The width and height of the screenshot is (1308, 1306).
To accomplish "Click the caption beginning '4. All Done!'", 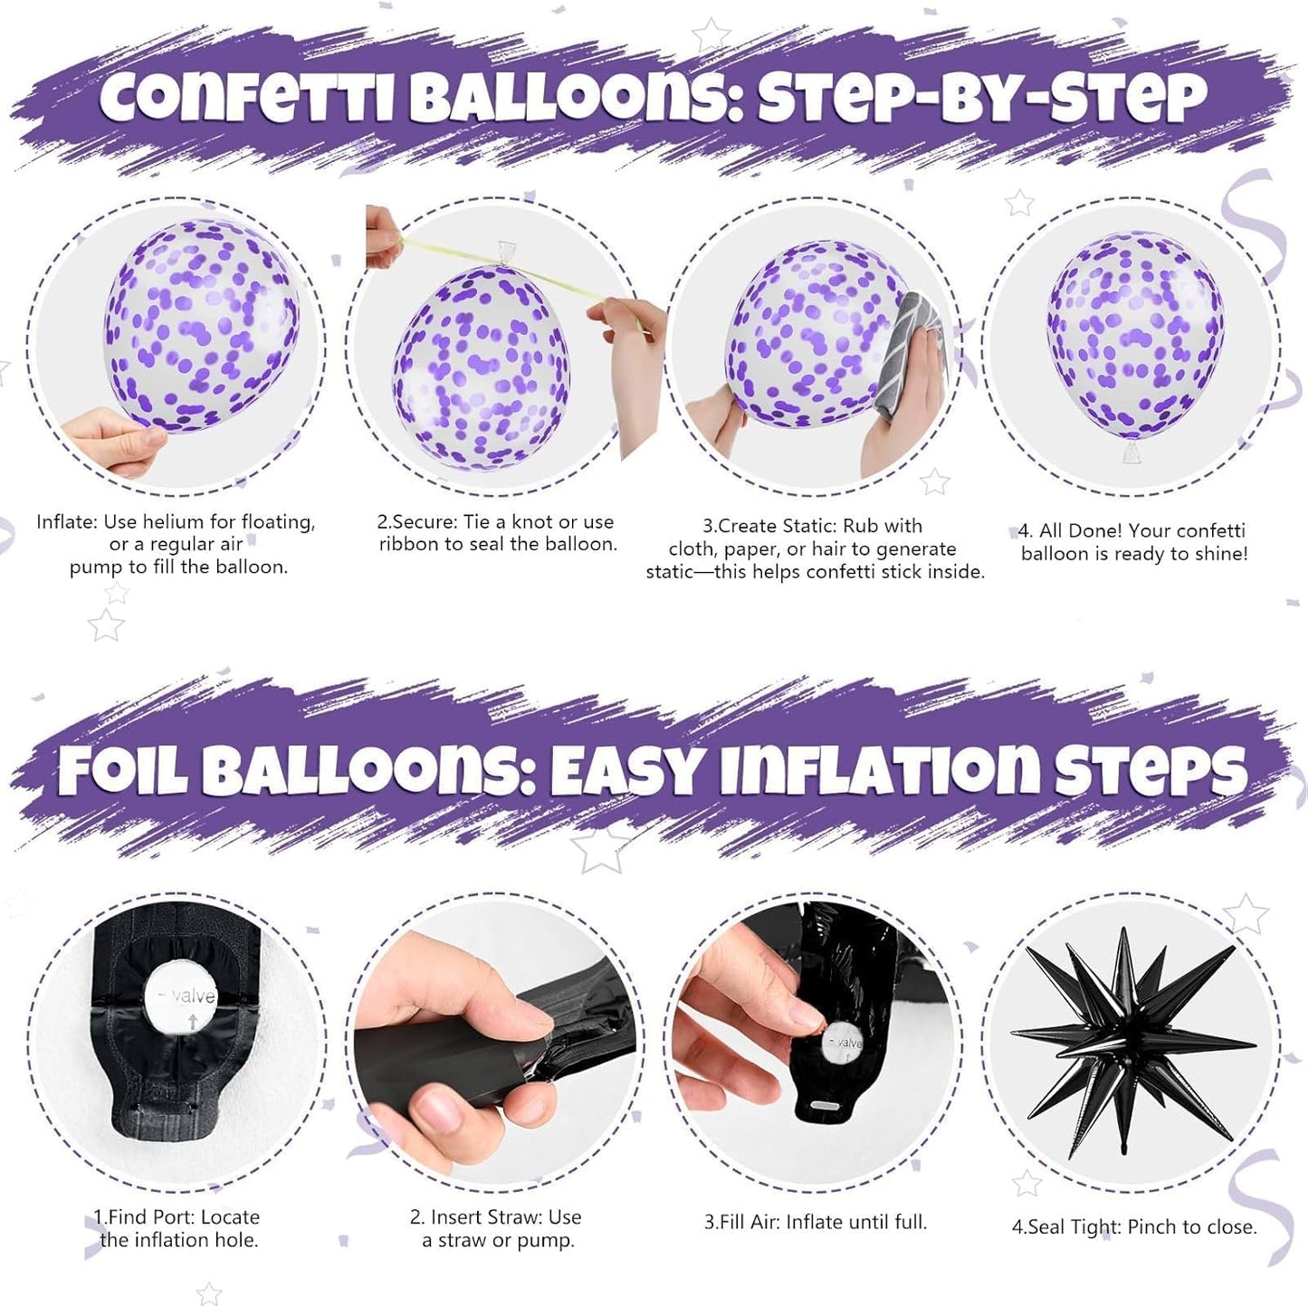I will pos(1133,542).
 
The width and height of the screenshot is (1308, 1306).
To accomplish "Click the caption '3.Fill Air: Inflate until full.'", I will pos(816,1222).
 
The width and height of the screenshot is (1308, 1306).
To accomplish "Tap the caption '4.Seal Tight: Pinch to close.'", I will pos(1133,1227).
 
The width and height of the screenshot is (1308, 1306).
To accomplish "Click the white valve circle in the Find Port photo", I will pos(180,996).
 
